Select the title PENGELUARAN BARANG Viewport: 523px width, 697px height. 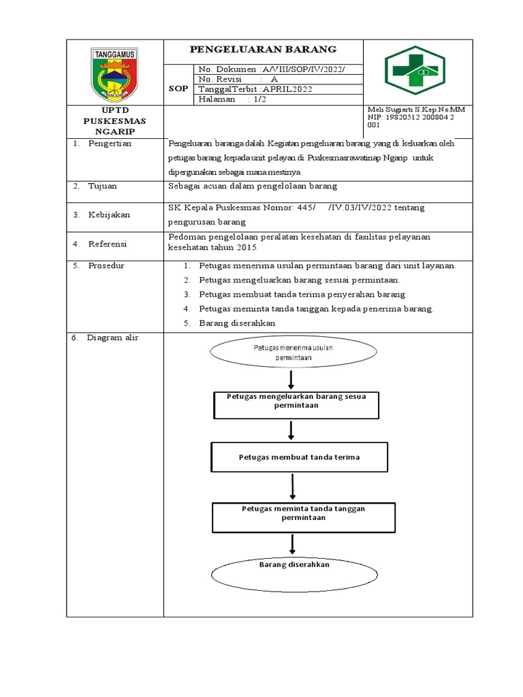coord(262,50)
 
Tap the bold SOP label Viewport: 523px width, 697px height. coord(178,89)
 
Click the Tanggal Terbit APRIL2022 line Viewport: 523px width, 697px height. coord(255,89)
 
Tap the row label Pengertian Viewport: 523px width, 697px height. coord(110,144)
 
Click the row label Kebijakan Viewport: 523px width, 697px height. coord(108,214)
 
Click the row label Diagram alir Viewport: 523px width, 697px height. coord(112,338)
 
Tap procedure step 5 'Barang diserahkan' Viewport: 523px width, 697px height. coord(237,323)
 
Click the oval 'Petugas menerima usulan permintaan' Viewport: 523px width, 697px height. coord(293,352)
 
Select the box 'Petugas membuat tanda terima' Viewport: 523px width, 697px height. coord(300,457)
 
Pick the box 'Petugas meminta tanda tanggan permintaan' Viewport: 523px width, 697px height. coord(294,517)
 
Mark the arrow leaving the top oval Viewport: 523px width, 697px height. coord(291,378)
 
